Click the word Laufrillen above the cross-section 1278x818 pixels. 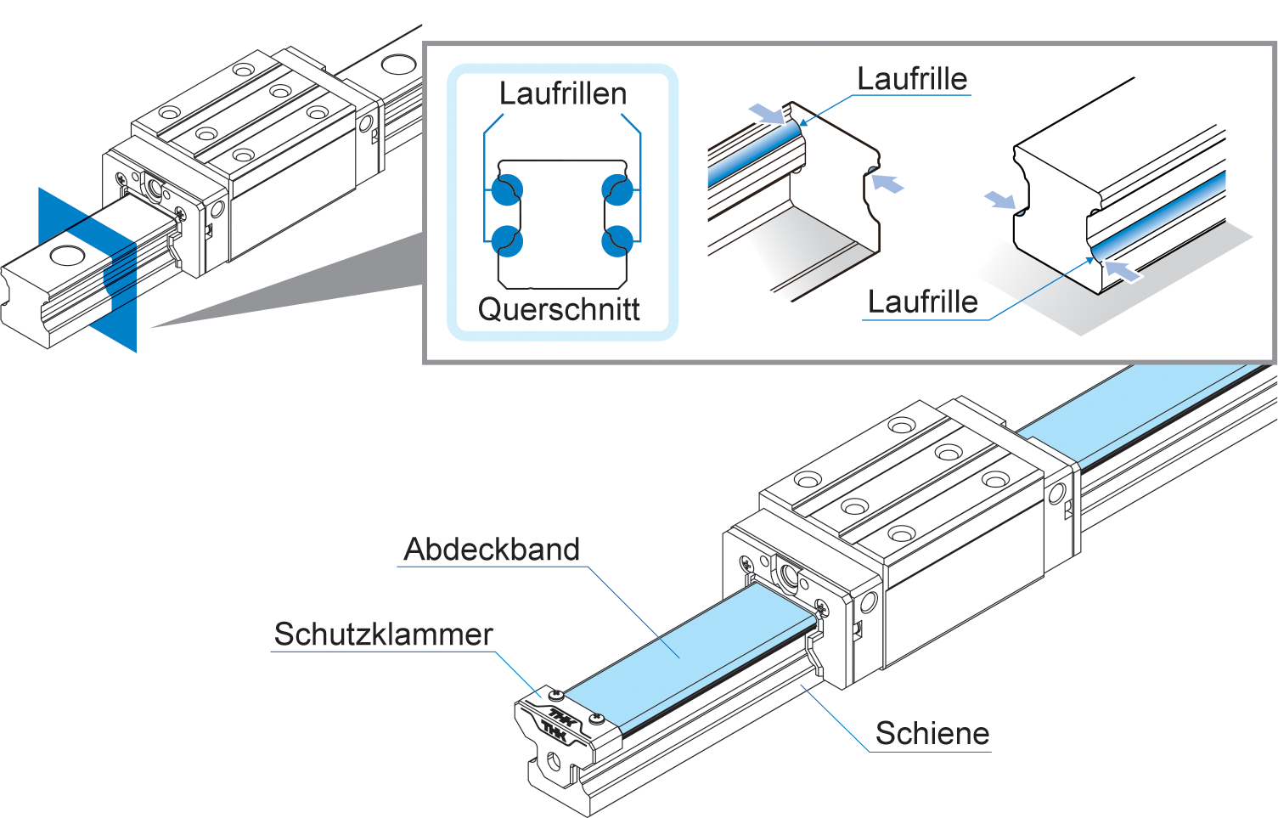[x=562, y=93]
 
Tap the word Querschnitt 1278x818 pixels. [x=558, y=309]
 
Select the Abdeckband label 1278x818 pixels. [x=492, y=550]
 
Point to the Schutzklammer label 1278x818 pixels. [x=383, y=635]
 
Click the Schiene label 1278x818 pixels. [x=932, y=734]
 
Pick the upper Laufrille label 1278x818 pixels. [x=911, y=79]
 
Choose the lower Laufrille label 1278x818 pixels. [x=922, y=302]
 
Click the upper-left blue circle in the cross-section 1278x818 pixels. [x=507, y=189]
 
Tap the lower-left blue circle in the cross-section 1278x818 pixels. [x=507, y=241]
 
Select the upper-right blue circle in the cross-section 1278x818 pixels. [x=617, y=189]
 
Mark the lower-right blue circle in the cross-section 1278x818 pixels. [x=617, y=241]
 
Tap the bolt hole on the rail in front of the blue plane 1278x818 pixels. [x=65, y=254]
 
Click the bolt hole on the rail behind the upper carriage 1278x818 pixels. [x=397, y=64]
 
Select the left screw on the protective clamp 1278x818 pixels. [x=557, y=696]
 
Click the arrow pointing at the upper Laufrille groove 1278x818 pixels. [x=767, y=113]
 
